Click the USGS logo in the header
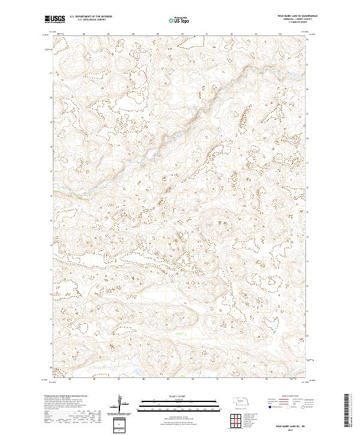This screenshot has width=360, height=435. coord(55,19)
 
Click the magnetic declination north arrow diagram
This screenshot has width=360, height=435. coord(123,404)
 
